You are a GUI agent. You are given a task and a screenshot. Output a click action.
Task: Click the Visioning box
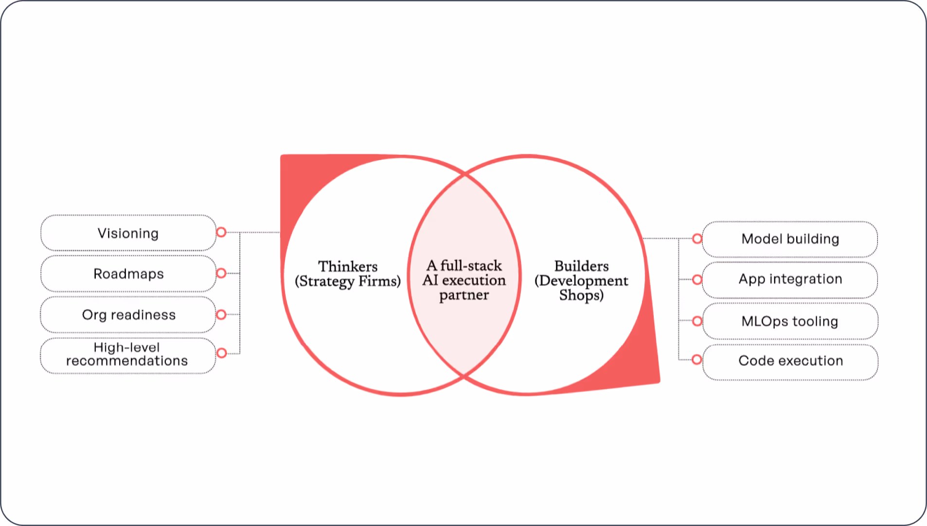tap(128, 233)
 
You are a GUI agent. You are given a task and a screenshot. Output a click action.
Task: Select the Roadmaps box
tap(128, 274)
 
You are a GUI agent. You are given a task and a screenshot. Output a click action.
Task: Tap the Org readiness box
tap(128, 315)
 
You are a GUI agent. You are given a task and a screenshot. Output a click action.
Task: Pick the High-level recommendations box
tap(127, 355)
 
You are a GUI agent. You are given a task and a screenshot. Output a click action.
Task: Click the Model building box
tap(790, 239)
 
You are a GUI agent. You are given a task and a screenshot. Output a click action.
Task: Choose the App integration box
tap(790, 280)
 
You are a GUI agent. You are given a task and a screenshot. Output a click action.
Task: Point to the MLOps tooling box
tap(790, 321)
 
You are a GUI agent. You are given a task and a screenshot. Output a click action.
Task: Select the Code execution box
tap(790, 361)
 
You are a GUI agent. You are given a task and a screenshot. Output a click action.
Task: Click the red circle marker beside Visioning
tap(221, 232)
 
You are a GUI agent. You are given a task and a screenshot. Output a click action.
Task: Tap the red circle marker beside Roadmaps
tap(221, 273)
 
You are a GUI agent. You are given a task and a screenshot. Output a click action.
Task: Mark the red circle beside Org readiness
tap(221, 315)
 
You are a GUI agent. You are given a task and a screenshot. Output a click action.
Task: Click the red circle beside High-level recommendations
tap(222, 353)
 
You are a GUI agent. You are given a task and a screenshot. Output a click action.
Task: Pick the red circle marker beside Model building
tap(697, 239)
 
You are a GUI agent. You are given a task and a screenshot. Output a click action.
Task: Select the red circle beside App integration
tap(697, 280)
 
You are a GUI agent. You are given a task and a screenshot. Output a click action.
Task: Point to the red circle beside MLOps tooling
tap(697, 321)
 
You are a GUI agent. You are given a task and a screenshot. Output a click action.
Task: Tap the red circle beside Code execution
tap(697, 359)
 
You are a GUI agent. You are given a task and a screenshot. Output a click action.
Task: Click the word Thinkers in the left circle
tap(348, 266)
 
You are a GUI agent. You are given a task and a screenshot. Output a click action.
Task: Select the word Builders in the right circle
tap(581, 266)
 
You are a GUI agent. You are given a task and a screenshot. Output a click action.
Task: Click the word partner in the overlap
tap(464, 295)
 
